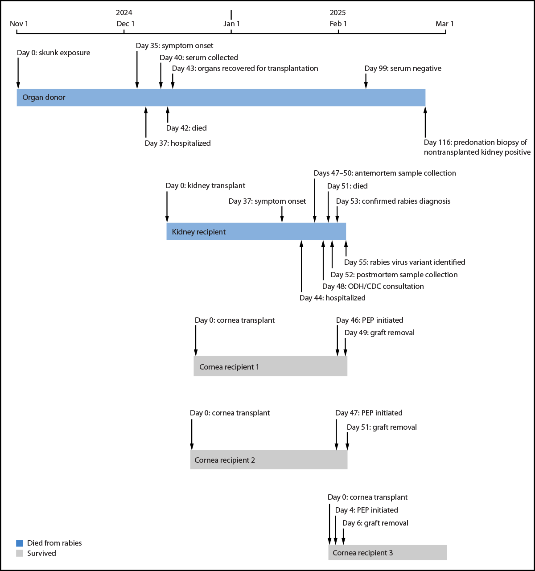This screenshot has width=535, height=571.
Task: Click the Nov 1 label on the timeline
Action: [19, 24]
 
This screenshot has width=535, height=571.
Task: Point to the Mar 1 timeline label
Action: [444, 24]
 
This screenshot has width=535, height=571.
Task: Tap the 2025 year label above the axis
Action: [337, 12]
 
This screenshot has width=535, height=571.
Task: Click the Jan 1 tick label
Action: [231, 24]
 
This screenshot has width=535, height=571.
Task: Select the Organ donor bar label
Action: [44, 97]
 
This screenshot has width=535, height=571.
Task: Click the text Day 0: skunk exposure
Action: [53, 53]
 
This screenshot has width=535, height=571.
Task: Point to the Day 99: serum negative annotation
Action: [403, 68]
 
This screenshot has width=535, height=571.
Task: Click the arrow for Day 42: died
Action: [168, 115]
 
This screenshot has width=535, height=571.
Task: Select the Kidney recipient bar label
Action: [198, 232]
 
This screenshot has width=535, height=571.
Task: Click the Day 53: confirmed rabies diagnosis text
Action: [393, 201]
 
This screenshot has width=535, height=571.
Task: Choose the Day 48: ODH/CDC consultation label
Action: [373, 286]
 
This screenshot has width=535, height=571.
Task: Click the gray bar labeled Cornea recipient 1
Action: [270, 366]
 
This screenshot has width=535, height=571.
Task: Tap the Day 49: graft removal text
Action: [379, 333]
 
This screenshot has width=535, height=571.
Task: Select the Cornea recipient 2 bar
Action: [268, 460]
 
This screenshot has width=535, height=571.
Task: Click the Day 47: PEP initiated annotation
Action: [369, 413]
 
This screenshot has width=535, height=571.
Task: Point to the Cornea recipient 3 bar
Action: [387, 552]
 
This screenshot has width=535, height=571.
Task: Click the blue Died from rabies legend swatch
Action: [19, 543]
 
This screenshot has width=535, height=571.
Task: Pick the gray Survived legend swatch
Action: [19, 553]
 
